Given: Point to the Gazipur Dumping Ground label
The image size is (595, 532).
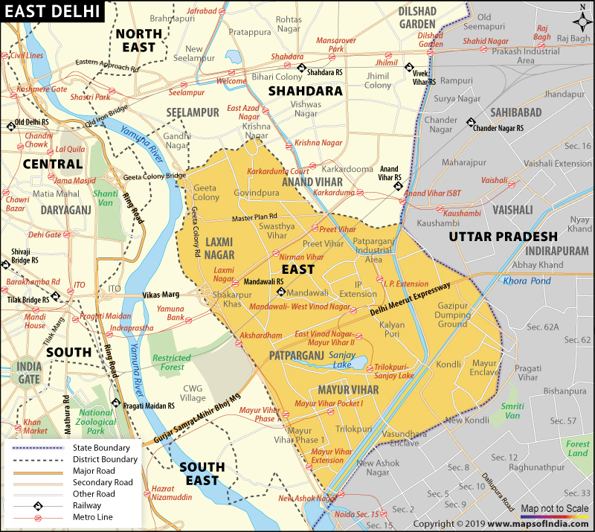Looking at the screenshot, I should pos(452,315).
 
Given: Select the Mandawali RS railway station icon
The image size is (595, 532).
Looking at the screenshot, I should pos(282,292).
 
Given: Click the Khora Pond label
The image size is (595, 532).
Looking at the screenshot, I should pos(526,281).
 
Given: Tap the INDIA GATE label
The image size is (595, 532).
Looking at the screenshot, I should pos(30,373).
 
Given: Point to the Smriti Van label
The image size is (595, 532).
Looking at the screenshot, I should pos(512,411).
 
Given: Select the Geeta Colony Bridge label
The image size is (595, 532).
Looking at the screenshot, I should pos(155,176).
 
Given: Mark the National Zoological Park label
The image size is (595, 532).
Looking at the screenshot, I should pos(96,421).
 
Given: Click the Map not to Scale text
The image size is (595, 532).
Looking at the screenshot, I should pos(554,508).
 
